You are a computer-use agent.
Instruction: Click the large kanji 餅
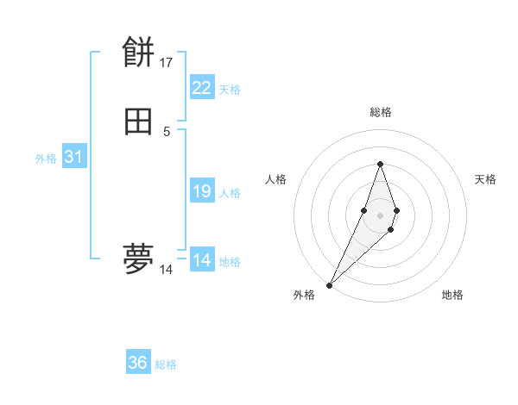point(138,53)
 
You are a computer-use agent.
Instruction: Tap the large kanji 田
point(138,122)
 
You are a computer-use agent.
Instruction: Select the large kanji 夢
point(138,259)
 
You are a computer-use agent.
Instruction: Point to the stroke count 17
point(167,63)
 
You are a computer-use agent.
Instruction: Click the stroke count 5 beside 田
point(167,132)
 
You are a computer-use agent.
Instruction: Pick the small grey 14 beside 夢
point(167,270)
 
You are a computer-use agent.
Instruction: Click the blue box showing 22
point(202,87)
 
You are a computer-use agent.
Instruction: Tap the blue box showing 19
point(202,191)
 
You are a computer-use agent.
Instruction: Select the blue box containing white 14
point(202,260)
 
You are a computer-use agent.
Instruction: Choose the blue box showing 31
point(73,157)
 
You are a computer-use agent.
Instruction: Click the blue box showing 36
point(138,363)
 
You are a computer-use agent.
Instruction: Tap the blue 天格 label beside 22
point(230,90)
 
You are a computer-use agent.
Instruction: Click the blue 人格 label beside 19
point(230,193)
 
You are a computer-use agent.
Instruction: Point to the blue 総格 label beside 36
point(166,364)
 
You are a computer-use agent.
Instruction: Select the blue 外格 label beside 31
point(46,159)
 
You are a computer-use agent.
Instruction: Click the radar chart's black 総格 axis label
point(380,112)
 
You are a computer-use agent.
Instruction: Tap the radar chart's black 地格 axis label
point(452,295)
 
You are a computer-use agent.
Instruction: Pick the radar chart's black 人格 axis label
point(275,179)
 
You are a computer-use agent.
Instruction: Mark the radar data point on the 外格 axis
point(330,284)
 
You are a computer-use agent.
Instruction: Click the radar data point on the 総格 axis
point(380,164)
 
